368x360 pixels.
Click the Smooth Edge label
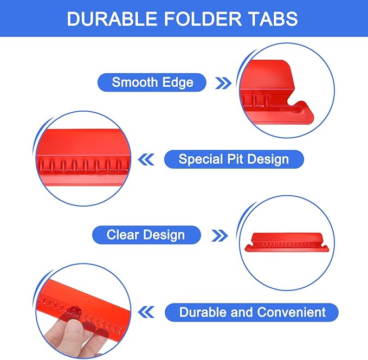[152, 82]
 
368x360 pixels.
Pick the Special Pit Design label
[234, 159]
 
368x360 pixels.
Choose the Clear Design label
[146, 235]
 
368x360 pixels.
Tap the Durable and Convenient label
[253, 312]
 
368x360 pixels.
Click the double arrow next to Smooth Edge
[224, 83]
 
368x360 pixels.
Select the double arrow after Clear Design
[219, 235]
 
